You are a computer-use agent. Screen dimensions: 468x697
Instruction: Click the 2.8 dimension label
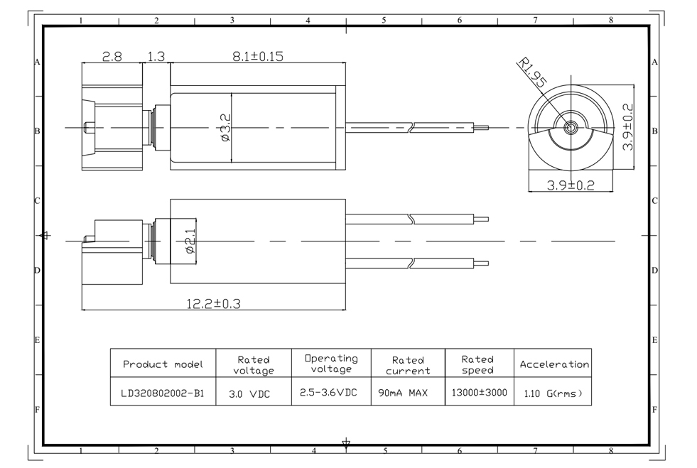112,56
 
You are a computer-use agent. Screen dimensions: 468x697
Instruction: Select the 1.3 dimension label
156,56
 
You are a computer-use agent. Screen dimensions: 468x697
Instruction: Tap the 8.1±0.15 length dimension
258,56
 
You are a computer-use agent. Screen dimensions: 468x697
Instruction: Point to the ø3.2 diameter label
225,127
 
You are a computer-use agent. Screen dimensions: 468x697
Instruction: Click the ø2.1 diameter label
190,240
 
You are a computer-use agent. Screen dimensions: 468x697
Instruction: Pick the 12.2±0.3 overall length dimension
214,304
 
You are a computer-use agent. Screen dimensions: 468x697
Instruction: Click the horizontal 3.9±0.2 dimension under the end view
571,185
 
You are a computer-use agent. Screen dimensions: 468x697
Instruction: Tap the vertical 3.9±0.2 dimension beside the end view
628,127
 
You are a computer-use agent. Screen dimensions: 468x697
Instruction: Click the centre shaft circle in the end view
571,129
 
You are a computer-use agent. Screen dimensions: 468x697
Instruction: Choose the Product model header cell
163,364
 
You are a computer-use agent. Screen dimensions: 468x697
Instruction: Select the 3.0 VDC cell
253,392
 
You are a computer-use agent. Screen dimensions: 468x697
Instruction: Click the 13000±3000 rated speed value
479,392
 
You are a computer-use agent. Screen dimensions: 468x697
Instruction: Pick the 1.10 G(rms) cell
552,392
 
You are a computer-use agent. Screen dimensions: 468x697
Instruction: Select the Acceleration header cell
554,364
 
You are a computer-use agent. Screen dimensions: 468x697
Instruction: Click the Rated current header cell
408,365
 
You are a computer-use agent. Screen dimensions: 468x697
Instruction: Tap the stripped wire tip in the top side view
482,128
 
